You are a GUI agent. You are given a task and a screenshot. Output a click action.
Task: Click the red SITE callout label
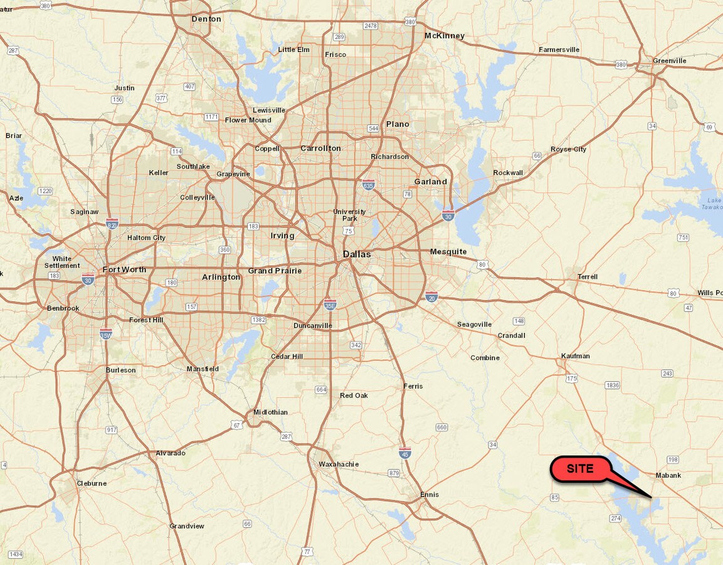tap(580, 469)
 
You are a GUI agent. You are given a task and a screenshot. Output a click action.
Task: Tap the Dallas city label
tap(357, 254)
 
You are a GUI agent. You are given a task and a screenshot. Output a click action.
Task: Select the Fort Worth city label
tap(124, 270)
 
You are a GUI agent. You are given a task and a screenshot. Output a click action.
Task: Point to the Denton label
tap(206, 19)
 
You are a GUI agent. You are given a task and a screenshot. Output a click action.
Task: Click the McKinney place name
tap(444, 36)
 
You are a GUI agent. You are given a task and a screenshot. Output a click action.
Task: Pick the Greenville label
tap(669, 61)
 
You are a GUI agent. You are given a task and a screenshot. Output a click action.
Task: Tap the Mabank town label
tap(668, 475)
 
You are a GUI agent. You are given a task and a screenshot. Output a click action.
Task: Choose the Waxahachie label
tap(339, 464)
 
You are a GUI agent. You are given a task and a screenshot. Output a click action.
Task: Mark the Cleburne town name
tap(92, 483)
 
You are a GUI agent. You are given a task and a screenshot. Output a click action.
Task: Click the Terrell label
tap(588, 277)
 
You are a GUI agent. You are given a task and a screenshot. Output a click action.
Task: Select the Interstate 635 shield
tap(369, 185)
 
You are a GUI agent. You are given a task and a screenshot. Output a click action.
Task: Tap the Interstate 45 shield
tap(405, 453)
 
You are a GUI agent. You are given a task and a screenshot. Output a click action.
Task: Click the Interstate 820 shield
tap(112, 223)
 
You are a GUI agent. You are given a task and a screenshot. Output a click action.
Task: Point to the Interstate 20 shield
tap(431, 296)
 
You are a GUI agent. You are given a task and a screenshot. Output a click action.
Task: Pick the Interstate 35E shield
tap(330, 305)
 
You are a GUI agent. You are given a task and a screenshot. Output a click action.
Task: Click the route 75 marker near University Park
tap(348, 231)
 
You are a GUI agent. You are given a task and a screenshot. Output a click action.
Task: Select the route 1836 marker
tap(612, 385)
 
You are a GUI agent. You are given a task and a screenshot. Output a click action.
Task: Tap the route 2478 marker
tap(371, 26)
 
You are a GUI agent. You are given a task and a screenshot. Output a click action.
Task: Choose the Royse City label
tap(568, 149)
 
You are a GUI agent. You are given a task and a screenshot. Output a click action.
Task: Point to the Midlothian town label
tap(270, 412)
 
